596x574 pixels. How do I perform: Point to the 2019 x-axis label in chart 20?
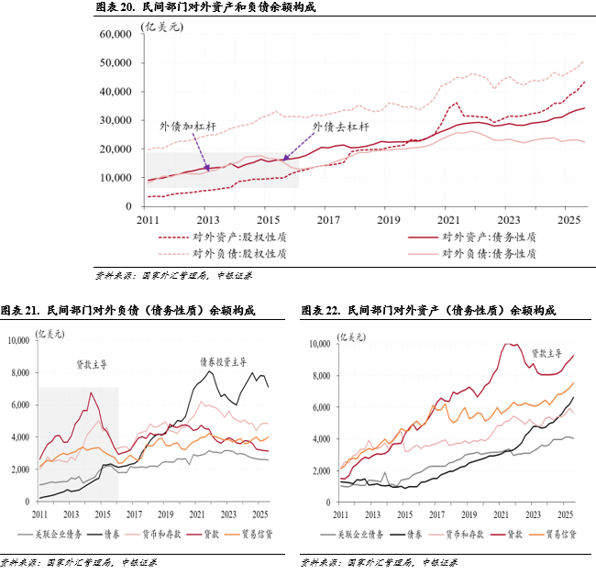coord(389,220)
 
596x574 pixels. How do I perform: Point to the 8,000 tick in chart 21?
coord(21,372)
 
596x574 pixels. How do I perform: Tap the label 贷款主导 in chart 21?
coord(92,365)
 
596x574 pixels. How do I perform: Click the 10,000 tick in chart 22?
coord(317,344)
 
